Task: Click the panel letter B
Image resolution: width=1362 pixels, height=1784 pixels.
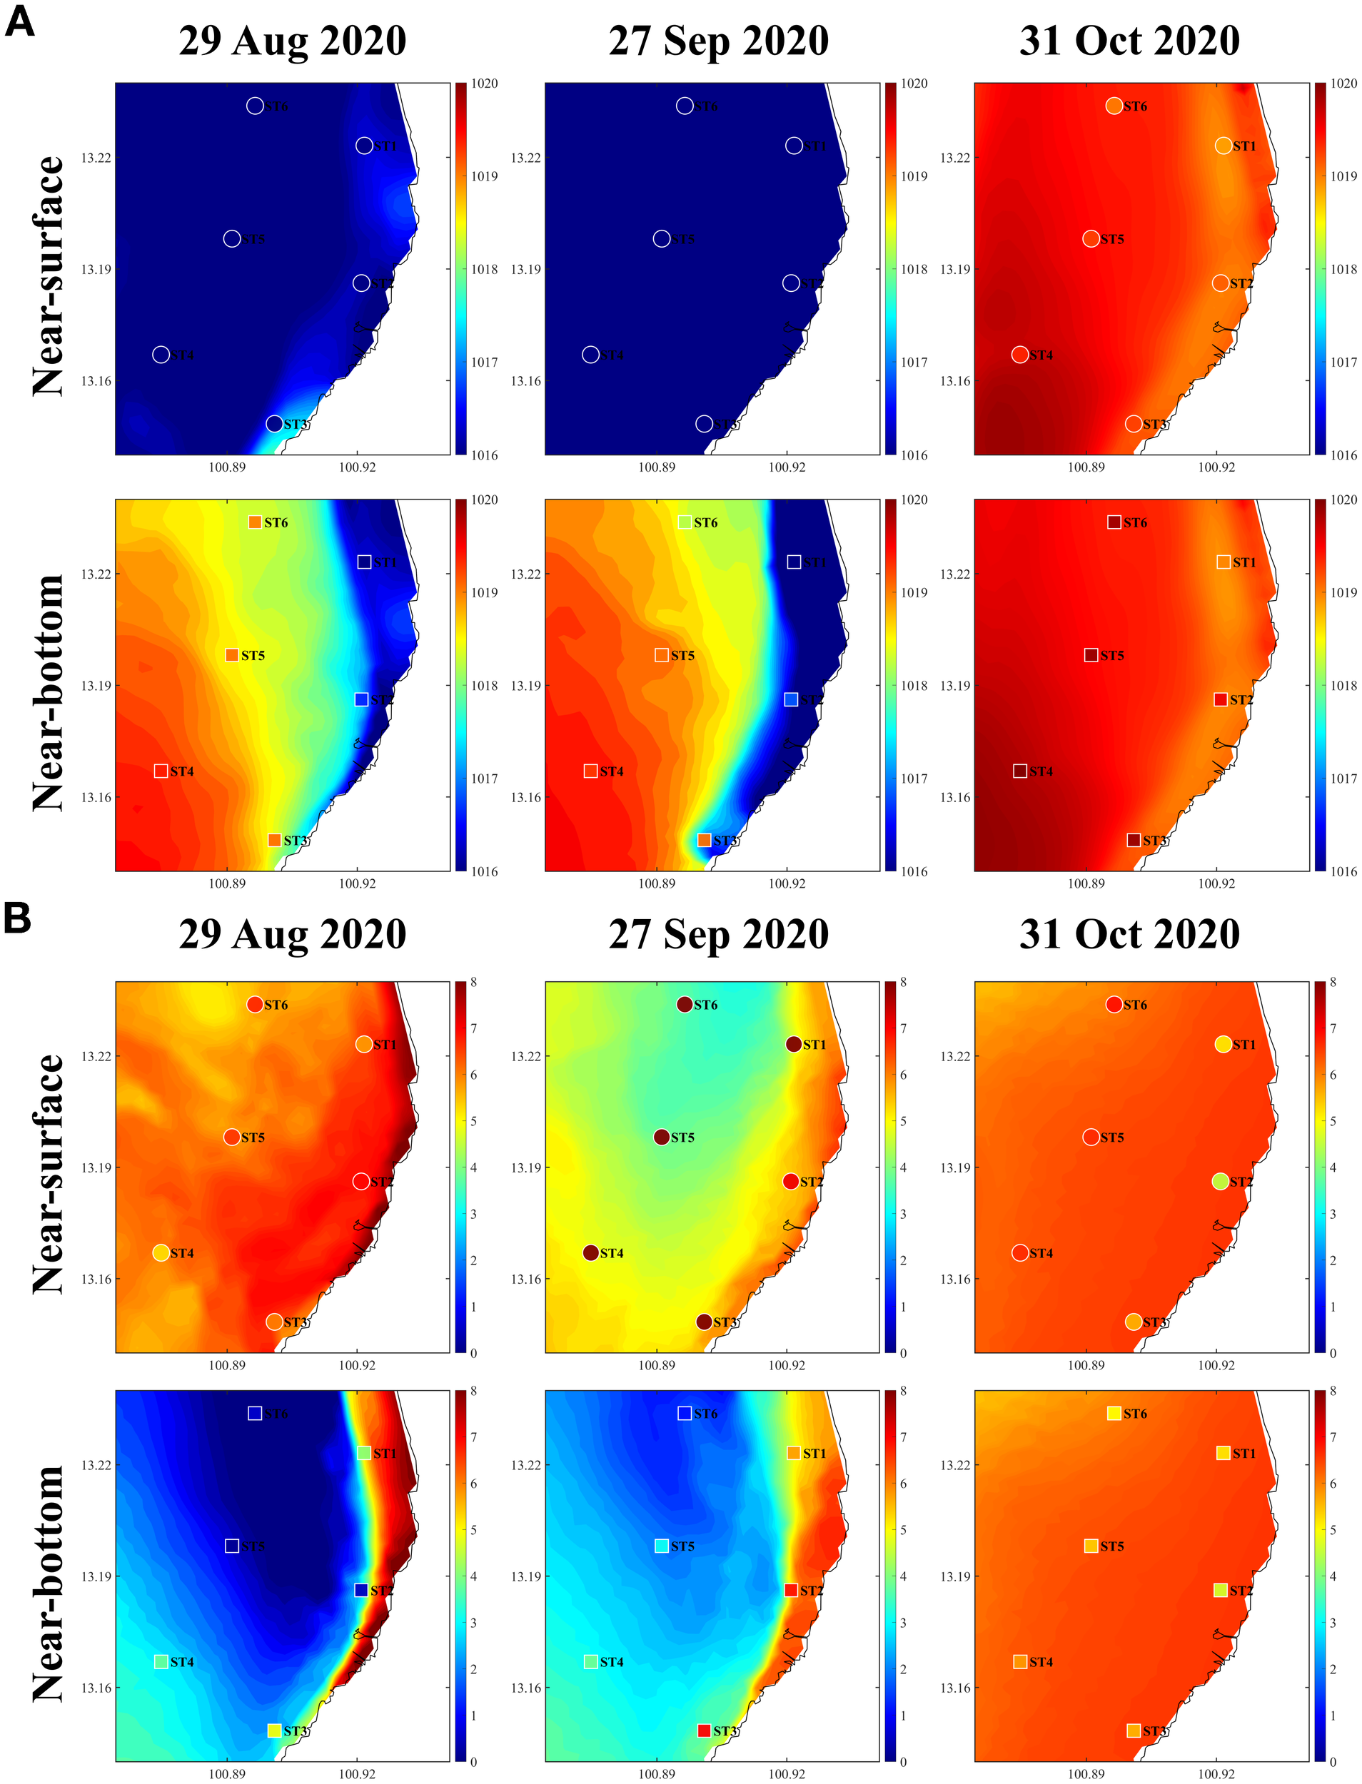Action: point(17,918)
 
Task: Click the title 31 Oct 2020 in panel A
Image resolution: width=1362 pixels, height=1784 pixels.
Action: point(1129,41)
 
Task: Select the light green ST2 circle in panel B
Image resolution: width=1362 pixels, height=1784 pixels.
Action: point(1220,1181)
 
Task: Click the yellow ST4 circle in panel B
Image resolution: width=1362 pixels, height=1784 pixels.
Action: point(161,1253)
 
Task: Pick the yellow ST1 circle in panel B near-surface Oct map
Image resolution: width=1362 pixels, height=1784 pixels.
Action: point(1224,1044)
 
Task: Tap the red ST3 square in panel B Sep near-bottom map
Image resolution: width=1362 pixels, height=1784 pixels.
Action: point(704,1730)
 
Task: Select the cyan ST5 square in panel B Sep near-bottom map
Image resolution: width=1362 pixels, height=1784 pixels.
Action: point(662,1546)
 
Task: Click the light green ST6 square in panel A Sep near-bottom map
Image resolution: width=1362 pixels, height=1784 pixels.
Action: point(685,522)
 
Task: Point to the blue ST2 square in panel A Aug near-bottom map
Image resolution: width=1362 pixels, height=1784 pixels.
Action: point(362,699)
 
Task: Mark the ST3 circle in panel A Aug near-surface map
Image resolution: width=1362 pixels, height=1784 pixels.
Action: point(274,424)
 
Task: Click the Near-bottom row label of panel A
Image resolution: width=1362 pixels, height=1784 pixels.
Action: point(49,693)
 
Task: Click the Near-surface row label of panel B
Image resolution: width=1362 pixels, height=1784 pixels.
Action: point(49,1174)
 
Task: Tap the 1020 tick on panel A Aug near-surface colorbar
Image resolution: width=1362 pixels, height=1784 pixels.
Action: point(485,83)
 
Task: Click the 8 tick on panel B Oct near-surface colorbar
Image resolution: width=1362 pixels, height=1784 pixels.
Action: point(1333,982)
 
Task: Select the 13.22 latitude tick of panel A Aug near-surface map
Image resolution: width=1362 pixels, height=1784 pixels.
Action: point(96,157)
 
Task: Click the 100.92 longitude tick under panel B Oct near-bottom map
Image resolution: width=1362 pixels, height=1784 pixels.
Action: point(1216,1773)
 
